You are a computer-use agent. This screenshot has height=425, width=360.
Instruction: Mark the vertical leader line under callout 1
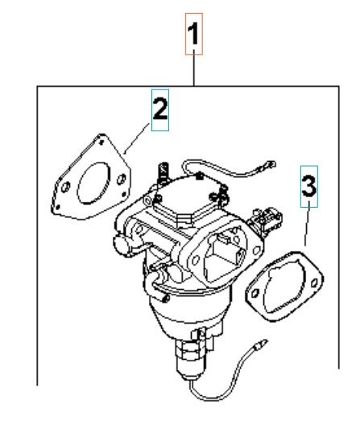tap(194, 68)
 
